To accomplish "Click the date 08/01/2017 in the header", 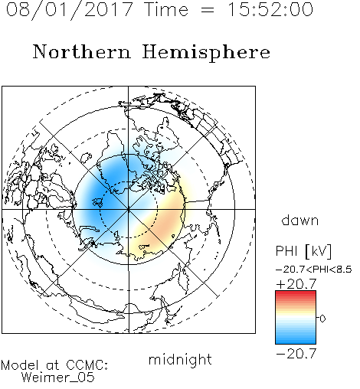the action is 70,10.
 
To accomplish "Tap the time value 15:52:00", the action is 270,9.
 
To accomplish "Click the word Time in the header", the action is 166,9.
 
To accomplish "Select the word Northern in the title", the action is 82,52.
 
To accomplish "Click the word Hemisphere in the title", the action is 206,53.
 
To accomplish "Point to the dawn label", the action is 300,221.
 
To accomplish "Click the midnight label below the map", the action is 180,360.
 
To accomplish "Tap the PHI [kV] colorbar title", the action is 303,251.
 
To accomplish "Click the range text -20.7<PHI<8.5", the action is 314,270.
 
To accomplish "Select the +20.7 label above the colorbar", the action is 296,284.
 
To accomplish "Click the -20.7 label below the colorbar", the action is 296,354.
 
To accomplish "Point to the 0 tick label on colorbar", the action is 322,319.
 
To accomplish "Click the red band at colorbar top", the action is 296,294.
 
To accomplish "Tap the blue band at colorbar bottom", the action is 296,340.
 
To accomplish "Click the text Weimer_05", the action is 58,378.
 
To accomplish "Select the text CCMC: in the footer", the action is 87,365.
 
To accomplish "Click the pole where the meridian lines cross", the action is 129,209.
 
